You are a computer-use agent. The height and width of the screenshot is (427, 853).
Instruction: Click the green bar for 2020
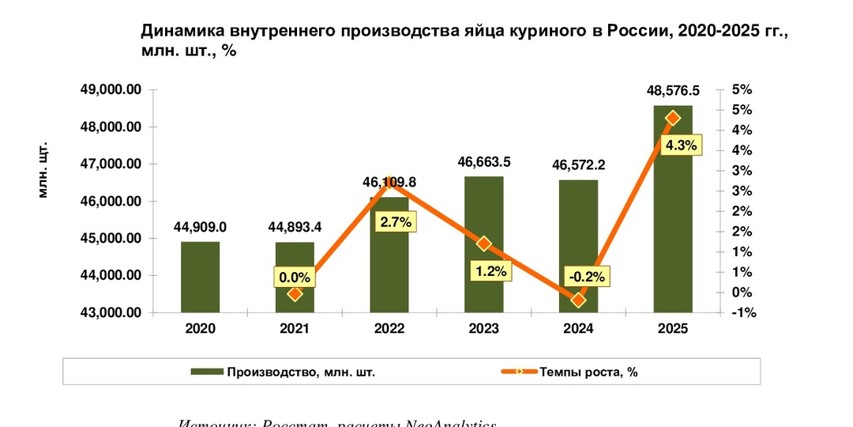click(x=200, y=277)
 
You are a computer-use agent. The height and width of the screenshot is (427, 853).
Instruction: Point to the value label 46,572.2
click(x=578, y=165)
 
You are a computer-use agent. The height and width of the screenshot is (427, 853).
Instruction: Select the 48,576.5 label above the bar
click(x=672, y=91)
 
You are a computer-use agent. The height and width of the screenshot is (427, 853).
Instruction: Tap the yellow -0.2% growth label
click(x=586, y=277)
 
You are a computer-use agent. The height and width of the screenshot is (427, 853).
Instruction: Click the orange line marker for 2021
click(x=295, y=293)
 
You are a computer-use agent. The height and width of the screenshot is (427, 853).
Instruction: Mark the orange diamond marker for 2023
click(x=484, y=244)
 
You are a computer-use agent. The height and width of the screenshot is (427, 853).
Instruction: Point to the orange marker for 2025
click(x=672, y=118)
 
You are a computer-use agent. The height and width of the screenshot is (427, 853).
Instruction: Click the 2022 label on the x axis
click(x=389, y=329)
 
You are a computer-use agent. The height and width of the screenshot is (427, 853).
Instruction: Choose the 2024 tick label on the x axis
click(x=578, y=329)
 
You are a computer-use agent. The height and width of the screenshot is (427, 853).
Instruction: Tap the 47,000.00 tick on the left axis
click(x=111, y=164)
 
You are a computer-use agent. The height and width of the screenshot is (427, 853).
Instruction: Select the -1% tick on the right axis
click(x=744, y=313)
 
